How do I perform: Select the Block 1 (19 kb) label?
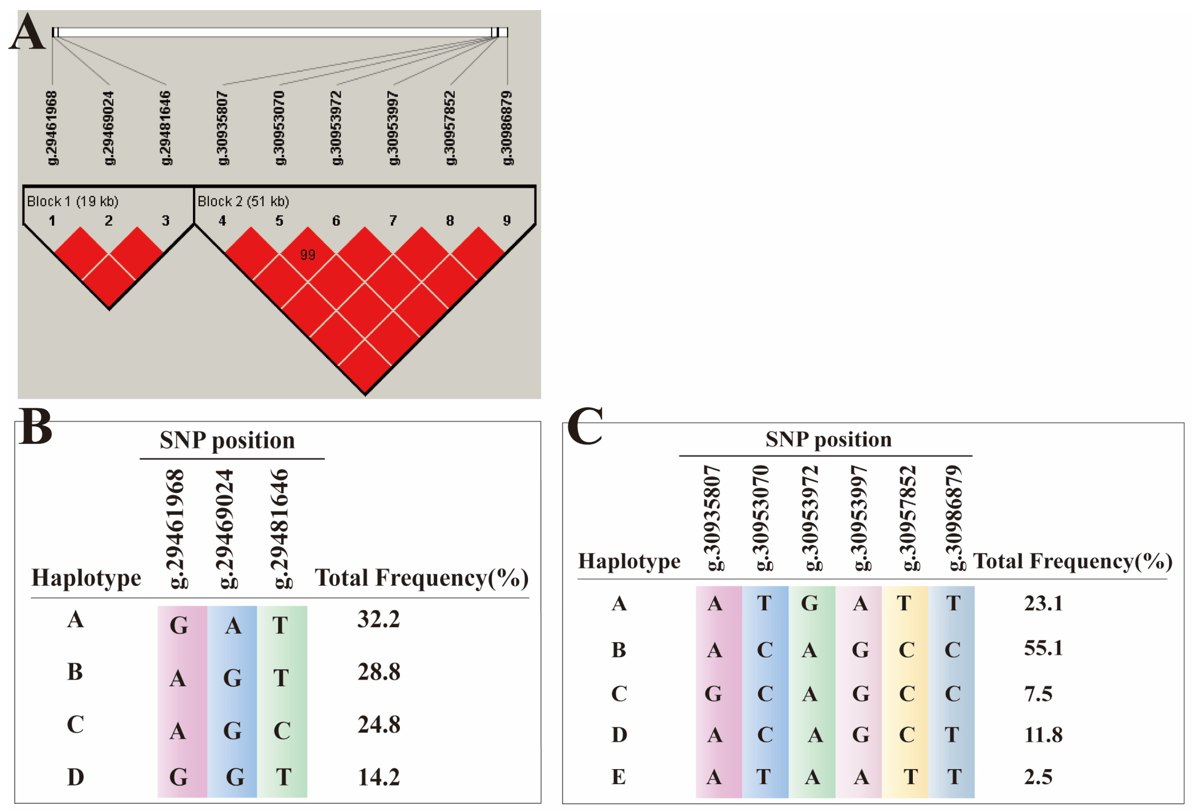click(x=72, y=201)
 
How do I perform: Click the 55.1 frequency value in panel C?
click(x=1043, y=647)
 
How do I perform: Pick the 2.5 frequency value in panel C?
click(x=1038, y=776)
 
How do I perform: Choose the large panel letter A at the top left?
click(x=27, y=32)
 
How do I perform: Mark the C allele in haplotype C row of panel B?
click(x=281, y=730)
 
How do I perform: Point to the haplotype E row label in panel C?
click(x=619, y=776)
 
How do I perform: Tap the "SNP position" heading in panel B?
click(x=227, y=440)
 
